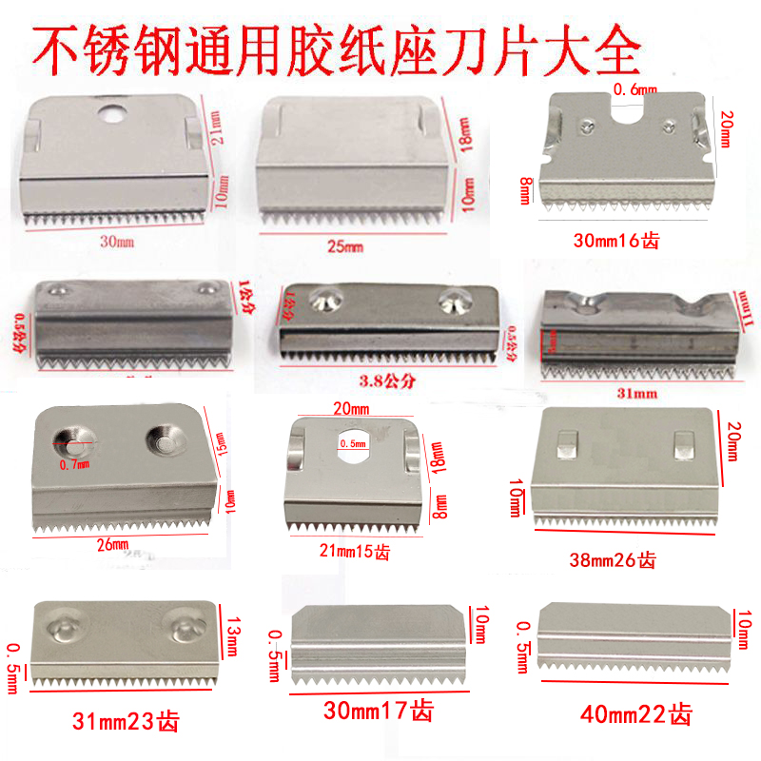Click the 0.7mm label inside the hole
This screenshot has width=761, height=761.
click(x=75, y=464)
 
